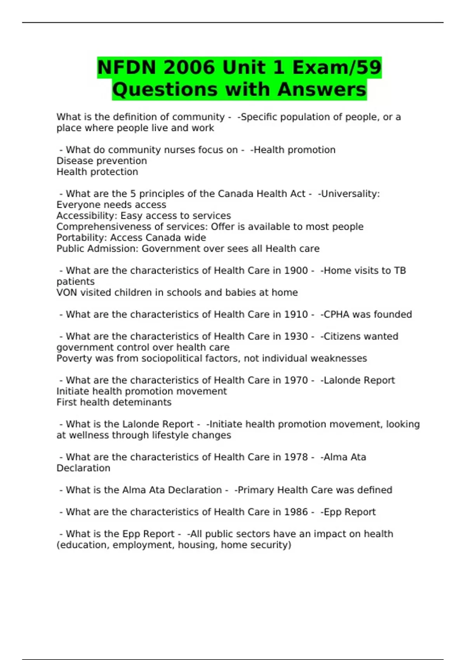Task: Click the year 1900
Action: (296, 271)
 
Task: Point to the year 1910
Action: (296, 314)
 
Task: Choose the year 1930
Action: (296, 336)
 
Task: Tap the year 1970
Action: (296, 380)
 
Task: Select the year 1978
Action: (296, 457)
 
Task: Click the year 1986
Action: (296, 512)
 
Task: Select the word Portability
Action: (82, 238)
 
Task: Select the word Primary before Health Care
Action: (254, 490)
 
